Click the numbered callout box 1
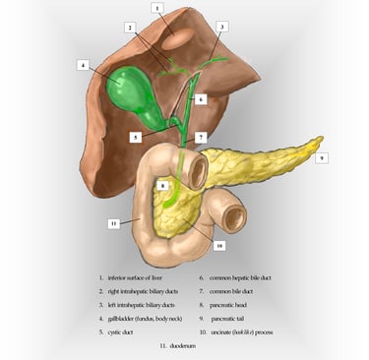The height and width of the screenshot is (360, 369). point(157,8)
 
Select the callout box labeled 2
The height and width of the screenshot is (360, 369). point(131,27)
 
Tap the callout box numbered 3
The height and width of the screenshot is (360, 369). point(222,27)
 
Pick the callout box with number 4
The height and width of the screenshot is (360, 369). point(83,66)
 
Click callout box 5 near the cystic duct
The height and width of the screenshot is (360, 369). point(135,138)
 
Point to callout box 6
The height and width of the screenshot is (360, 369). point(200,99)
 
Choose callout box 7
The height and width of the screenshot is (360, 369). point(201,138)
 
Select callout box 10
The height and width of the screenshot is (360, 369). point(219,245)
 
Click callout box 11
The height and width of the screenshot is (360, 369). point(114,223)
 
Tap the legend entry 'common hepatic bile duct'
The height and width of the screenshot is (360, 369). point(251,279)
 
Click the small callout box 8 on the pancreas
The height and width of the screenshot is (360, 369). point(163,185)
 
